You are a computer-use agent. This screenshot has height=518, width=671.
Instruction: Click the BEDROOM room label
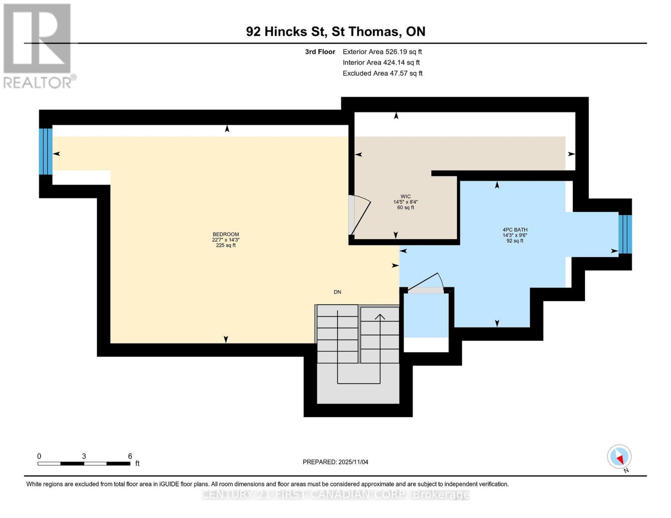tap(226, 234)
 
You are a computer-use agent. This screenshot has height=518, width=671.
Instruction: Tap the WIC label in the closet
tap(405, 196)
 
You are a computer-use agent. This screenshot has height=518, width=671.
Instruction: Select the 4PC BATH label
tap(515, 230)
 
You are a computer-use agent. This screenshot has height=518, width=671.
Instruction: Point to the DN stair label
tap(337, 292)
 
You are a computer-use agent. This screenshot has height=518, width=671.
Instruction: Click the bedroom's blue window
tap(45, 151)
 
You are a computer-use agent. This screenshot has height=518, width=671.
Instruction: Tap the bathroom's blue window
tap(625, 234)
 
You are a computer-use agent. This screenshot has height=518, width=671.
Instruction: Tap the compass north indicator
tap(619, 457)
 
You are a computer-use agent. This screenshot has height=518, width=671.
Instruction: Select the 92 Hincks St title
tap(336, 32)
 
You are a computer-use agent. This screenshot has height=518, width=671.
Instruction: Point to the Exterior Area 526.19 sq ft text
tap(382, 52)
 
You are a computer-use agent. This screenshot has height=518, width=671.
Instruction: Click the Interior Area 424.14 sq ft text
tap(381, 63)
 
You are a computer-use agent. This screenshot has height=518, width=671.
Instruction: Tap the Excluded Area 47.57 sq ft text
tap(382, 73)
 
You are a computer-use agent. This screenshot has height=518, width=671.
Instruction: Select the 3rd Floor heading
tap(320, 52)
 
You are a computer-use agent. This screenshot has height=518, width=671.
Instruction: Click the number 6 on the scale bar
tap(130, 456)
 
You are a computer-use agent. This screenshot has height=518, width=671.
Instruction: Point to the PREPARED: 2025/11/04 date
tap(335, 462)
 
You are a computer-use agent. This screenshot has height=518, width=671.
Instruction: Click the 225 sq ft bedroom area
tap(226, 245)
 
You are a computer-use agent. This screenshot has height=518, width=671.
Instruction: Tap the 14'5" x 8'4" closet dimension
tap(405, 202)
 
